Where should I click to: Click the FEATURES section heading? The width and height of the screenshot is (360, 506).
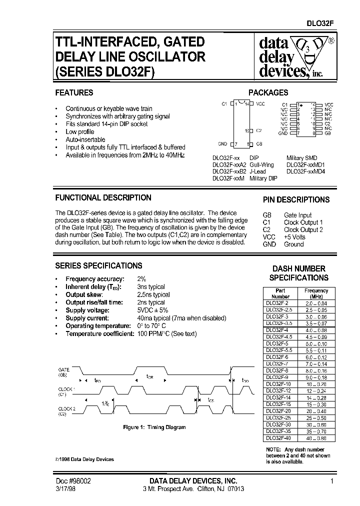point(74,92)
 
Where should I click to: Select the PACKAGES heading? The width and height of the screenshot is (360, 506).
point(268,92)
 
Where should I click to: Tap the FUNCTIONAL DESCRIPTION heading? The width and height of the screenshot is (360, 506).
point(103,197)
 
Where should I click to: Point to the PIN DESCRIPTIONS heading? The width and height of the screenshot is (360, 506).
point(296,199)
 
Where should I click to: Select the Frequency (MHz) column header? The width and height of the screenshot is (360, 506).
point(316,293)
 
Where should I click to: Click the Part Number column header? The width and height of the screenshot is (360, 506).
point(280,293)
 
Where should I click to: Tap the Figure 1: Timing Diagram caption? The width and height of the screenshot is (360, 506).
point(154,427)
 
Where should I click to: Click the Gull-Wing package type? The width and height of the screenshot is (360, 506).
point(261,164)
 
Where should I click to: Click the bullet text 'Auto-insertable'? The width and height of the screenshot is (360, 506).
point(85,139)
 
